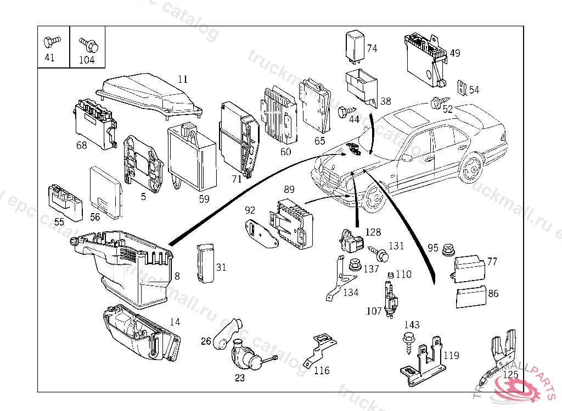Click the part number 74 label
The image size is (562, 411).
[372, 48]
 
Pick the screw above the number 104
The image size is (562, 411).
[86, 42]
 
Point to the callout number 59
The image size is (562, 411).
[204, 199]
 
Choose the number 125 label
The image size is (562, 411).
[510, 375]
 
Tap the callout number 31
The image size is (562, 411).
[221, 267]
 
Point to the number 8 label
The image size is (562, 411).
[177, 276]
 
